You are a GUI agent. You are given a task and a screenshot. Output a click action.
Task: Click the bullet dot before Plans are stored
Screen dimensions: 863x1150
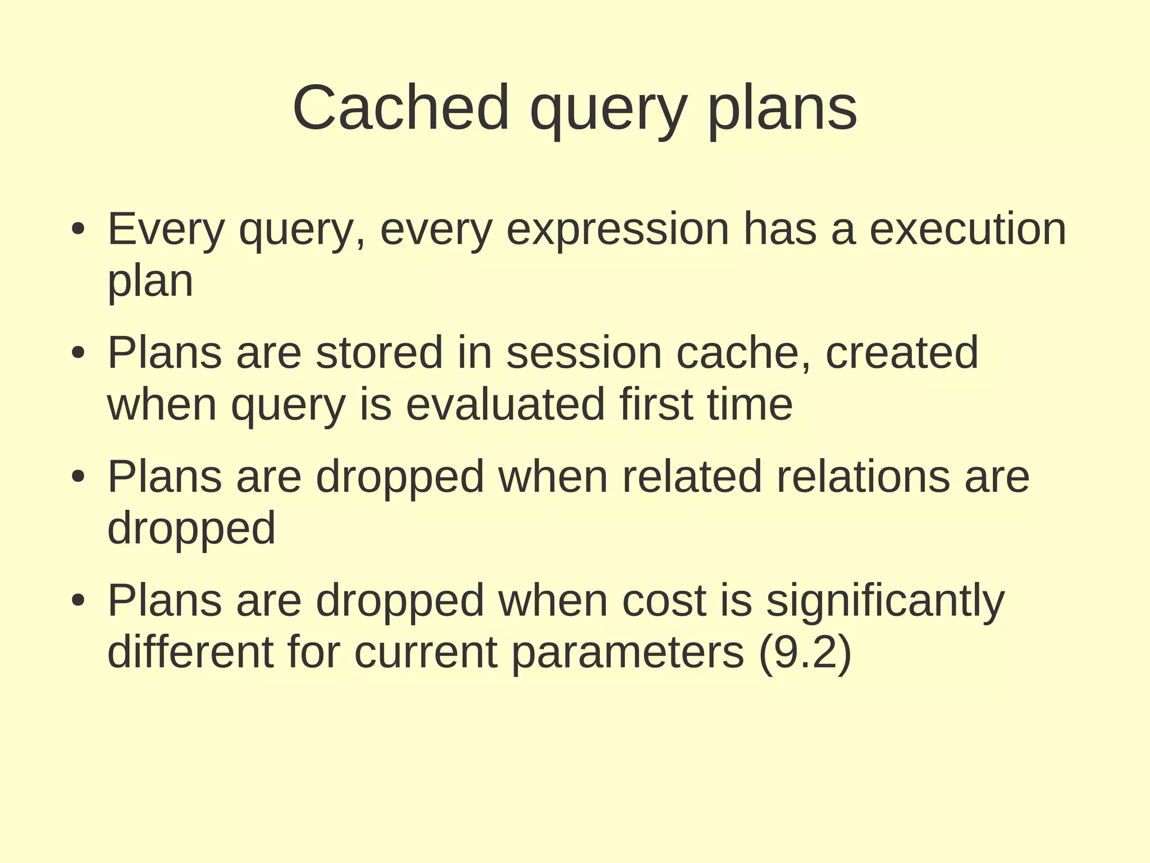[x=78, y=353]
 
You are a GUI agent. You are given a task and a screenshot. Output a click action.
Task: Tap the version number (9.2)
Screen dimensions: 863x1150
[x=805, y=653]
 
